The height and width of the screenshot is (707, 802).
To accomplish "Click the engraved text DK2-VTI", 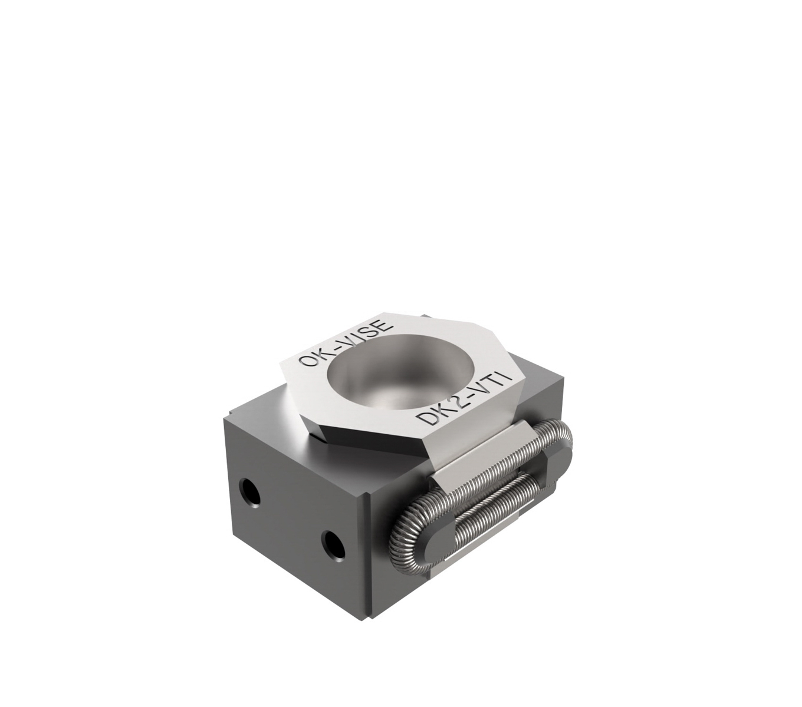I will tap(464, 401).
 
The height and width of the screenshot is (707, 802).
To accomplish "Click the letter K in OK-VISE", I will tap(322, 352).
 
